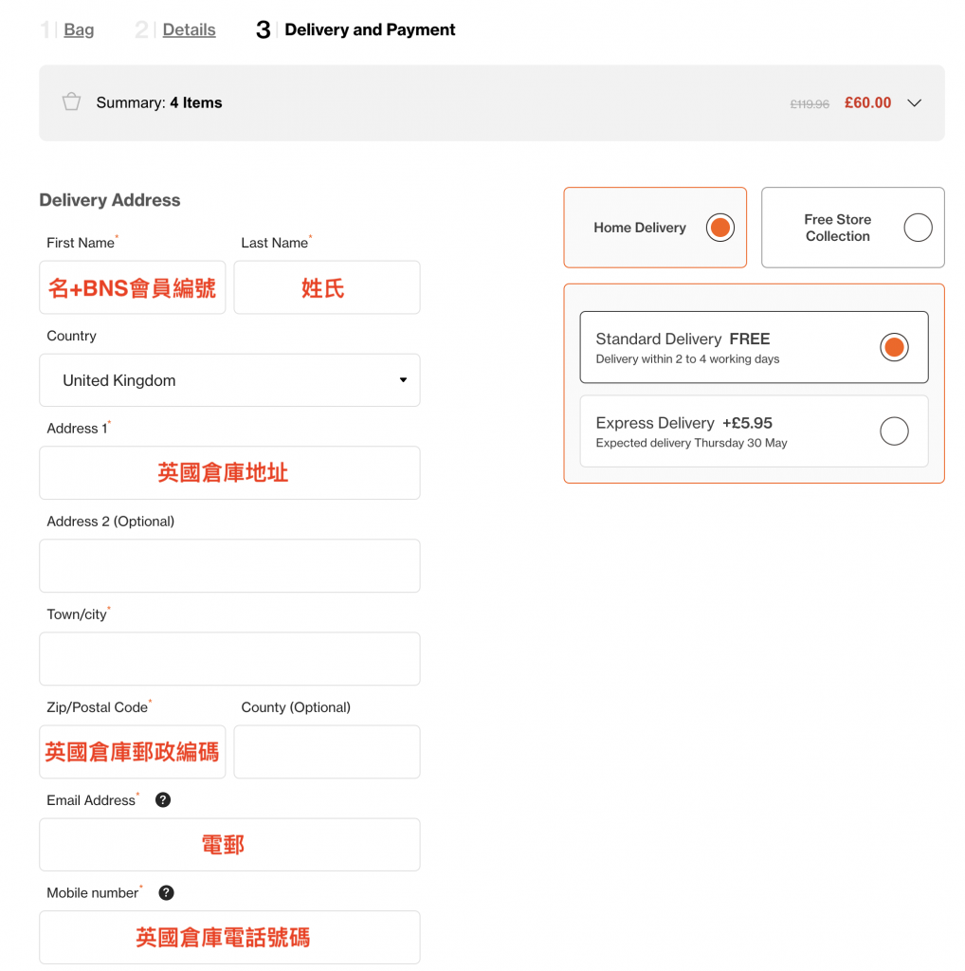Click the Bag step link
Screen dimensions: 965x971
[x=79, y=29]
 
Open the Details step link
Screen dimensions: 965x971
[x=189, y=29]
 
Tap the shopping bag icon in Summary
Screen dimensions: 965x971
[x=72, y=101]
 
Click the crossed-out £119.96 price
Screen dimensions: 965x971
[x=809, y=104]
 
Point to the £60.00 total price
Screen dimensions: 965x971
[x=867, y=102]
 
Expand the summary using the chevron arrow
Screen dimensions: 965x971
[x=914, y=102]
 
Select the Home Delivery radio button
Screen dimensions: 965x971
[x=719, y=228]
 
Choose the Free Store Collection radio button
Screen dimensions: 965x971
[x=918, y=228]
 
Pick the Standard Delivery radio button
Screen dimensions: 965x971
[x=895, y=347]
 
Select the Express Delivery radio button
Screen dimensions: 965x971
[x=895, y=431]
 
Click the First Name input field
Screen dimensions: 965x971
[x=133, y=287]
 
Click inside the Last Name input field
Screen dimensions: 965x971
[x=327, y=287]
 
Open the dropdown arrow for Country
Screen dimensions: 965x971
[x=403, y=380]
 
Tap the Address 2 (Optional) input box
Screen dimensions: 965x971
[x=229, y=565]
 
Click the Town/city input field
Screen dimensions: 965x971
[x=229, y=658]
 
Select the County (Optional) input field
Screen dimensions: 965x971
[x=327, y=752]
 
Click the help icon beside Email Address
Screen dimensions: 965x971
[x=163, y=800]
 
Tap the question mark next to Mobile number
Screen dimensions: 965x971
[x=166, y=892]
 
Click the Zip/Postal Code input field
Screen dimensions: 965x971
[x=133, y=752]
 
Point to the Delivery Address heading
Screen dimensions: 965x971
[x=110, y=200]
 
